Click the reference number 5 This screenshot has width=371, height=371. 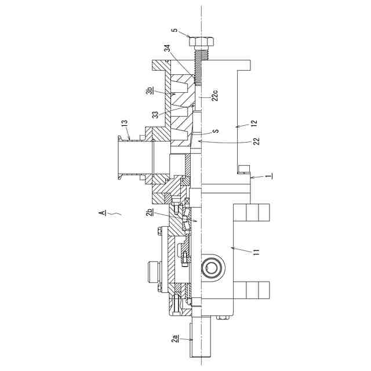pyautogui.click(x=173, y=31)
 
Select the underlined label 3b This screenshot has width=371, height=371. pyautogui.click(x=150, y=91)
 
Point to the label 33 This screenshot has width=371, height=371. pyautogui.click(x=155, y=114)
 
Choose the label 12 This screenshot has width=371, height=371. pyautogui.click(x=253, y=123)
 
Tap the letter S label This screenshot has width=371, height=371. pyautogui.click(x=215, y=132)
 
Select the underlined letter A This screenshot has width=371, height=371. pyautogui.click(x=102, y=213)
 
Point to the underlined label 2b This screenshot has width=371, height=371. pyautogui.click(x=150, y=213)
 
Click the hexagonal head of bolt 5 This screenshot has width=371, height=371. pyautogui.click(x=201, y=42)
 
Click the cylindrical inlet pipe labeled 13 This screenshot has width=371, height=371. pyautogui.click(x=130, y=157)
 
